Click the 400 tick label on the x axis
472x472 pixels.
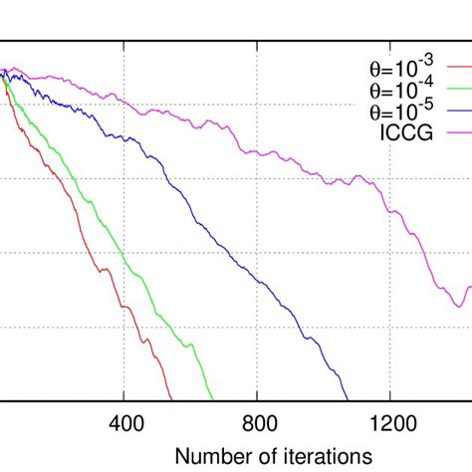(124, 422)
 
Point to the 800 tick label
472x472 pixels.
(257, 422)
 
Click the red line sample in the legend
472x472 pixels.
(458, 71)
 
